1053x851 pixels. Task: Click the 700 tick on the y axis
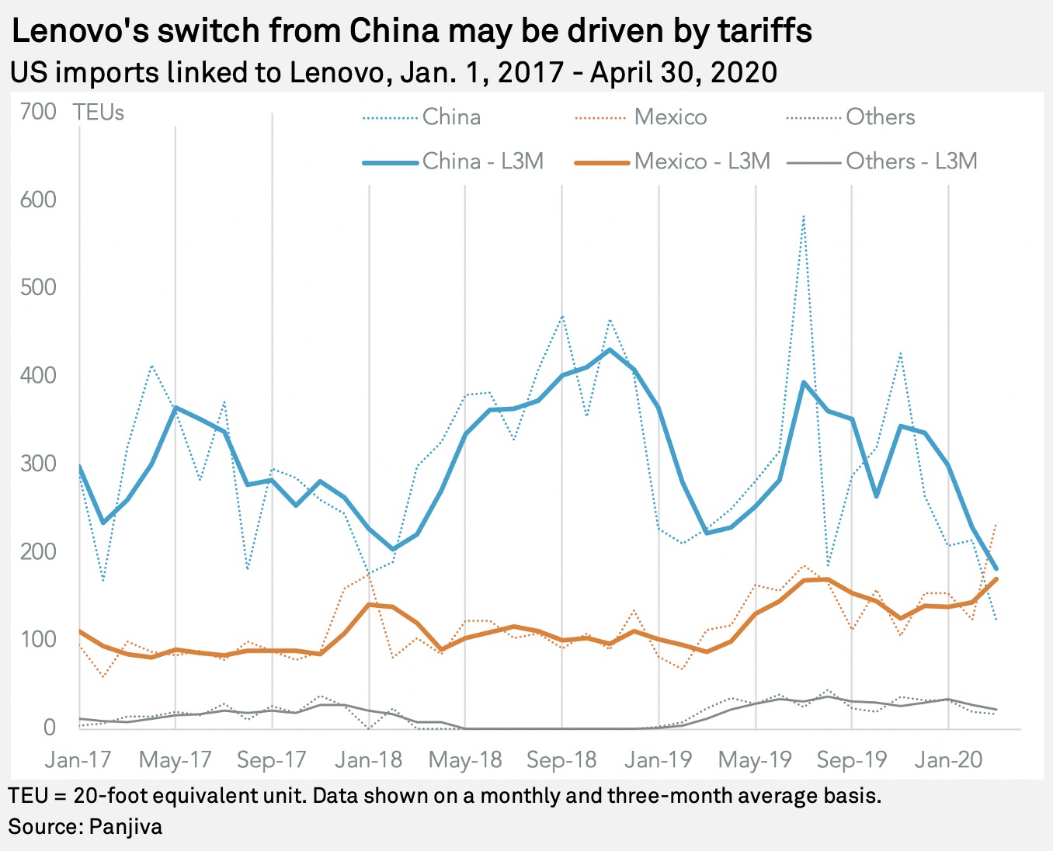tap(38, 112)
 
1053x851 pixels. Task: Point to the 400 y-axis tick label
tap(38, 376)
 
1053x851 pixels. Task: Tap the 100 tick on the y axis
tap(38, 640)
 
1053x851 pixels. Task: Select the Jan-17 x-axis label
tap(78, 759)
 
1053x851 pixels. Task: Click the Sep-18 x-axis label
tap(561, 759)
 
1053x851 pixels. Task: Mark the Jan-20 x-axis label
tap(948, 759)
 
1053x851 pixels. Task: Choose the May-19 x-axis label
tap(755, 759)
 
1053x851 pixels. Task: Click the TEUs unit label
tap(99, 113)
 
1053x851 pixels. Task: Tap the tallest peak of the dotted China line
tap(804, 216)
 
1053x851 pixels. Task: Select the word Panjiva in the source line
tap(126, 825)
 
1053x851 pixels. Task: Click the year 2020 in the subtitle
tap(743, 72)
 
